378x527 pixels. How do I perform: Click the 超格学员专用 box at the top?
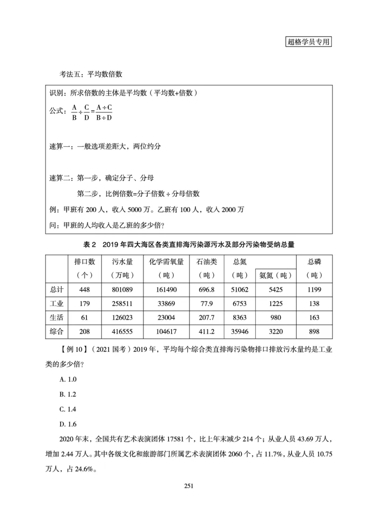pyautogui.click(x=309, y=42)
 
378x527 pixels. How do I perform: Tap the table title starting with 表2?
pyautogui.click(x=189, y=245)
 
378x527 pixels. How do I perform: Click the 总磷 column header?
pyautogui.click(x=314, y=268)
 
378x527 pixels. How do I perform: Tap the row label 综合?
pyautogui.click(x=57, y=331)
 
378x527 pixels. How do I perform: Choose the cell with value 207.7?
pyautogui.click(x=206, y=316)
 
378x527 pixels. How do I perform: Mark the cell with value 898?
pyautogui.click(x=314, y=331)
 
